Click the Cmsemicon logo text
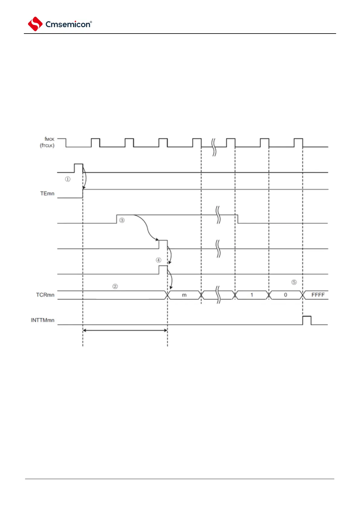[x=68, y=24]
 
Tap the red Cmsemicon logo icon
[x=35, y=24]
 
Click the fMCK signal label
[x=49, y=139]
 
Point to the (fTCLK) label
[x=47, y=145]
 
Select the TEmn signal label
[x=47, y=193]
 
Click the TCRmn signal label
[x=45, y=295]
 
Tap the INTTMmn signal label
[x=43, y=320]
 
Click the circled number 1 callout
[x=68, y=179]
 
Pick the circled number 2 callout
[x=115, y=286]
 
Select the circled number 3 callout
[x=122, y=220]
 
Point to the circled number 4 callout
[x=159, y=260]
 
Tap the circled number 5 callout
[x=294, y=282]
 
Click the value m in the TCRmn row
[x=184, y=295]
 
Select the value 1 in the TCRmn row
[x=252, y=295]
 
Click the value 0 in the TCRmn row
[x=285, y=295]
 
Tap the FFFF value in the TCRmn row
[x=318, y=295]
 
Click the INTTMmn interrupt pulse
[x=307, y=320]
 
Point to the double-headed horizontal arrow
[x=125, y=330]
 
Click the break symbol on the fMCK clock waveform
[x=214, y=147]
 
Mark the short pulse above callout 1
[x=78, y=168]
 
